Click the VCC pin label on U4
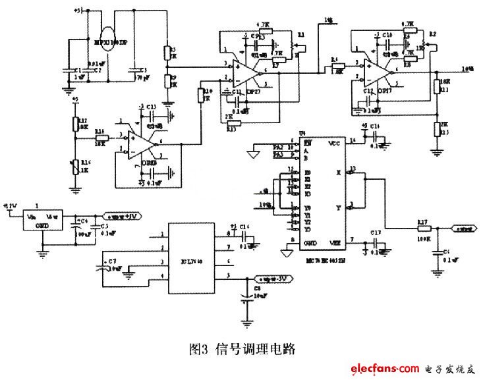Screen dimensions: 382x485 pyautogui.click(x=334, y=142)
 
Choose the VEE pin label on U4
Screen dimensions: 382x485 pyautogui.click(x=334, y=243)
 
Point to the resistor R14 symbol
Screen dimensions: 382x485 pyautogui.click(x=101, y=137)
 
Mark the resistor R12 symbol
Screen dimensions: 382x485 pyautogui.click(x=76, y=123)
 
